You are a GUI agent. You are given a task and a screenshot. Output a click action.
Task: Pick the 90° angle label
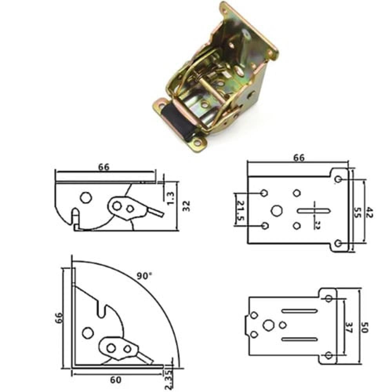144,276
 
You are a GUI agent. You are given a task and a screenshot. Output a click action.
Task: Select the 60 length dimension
116,380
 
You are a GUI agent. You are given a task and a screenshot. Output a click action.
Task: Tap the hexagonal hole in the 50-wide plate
269,325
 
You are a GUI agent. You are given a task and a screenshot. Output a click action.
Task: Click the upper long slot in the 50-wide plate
299,312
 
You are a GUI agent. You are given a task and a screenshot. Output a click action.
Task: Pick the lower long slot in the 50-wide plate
299,338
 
